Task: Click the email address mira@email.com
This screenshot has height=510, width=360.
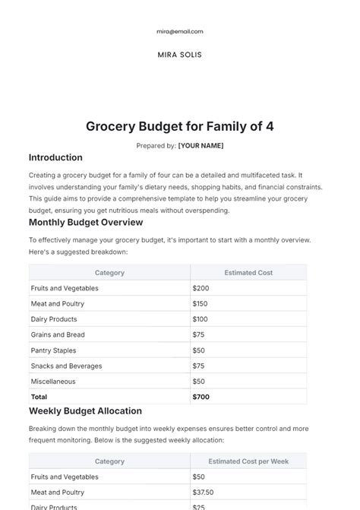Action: (x=180, y=32)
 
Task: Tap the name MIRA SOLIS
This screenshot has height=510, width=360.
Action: (x=180, y=55)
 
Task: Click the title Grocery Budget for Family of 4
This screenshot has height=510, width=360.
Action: (x=180, y=126)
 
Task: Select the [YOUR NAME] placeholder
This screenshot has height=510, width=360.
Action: (x=201, y=145)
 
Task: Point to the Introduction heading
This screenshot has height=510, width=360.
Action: (x=55, y=158)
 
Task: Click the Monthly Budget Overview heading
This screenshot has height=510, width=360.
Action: (x=86, y=223)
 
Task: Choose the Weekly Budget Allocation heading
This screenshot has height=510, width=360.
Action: (x=85, y=411)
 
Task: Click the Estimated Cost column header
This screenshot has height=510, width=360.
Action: (x=248, y=272)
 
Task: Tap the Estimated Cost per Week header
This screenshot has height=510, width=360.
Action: (x=248, y=461)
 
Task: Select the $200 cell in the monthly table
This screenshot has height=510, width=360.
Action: (x=201, y=288)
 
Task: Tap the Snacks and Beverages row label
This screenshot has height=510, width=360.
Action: (x=66, y=366)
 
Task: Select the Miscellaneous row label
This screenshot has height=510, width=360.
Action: (x=53, y=381)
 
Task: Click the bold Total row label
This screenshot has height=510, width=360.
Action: (x=39, y=397)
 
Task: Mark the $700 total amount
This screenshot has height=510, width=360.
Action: (x=202, y=397)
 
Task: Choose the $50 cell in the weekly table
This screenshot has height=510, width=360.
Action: (x=200, y=477)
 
